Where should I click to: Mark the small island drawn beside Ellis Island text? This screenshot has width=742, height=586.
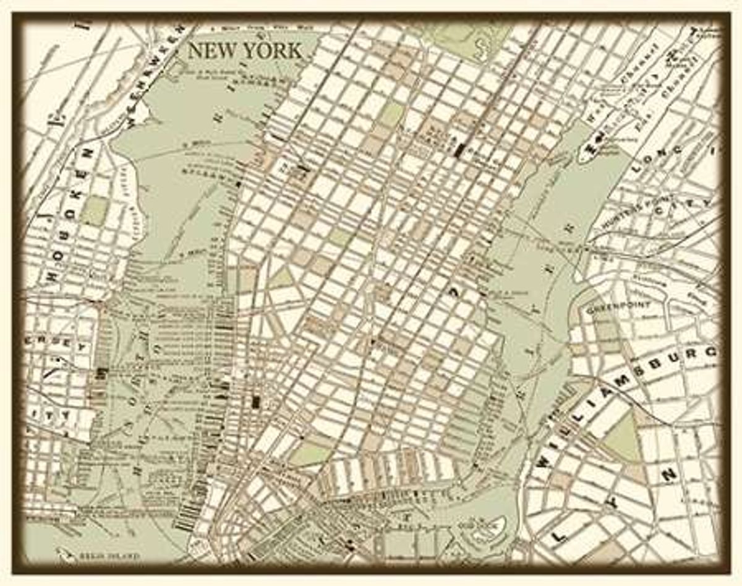[65, 553]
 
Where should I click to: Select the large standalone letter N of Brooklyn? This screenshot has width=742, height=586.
[668, 476]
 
